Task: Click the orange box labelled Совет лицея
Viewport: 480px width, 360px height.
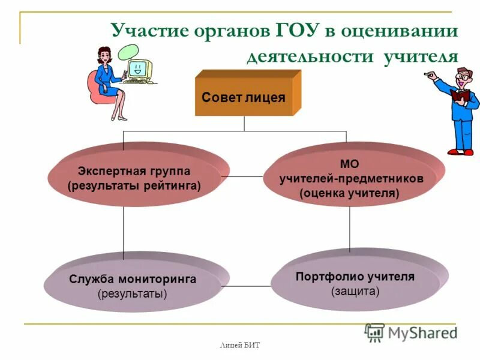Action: (244, 97)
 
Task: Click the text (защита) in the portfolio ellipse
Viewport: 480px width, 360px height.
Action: (355, 291)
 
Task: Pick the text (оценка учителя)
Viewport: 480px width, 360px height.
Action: (349, 193)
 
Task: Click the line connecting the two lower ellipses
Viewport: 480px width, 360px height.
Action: (247, 286)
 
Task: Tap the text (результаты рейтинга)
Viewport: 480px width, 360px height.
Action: (134, 186)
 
